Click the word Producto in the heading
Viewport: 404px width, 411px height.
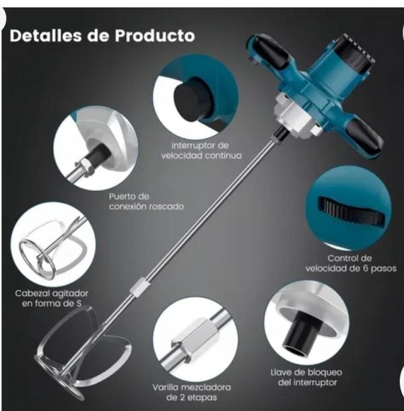(x=155, y=36)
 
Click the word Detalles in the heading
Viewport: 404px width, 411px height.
(x=46, y=35)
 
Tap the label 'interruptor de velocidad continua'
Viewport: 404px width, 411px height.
(x=201, y=151)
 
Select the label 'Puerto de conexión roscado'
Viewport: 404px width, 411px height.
(x=146, y=202)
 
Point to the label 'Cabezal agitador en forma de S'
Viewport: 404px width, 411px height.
(x=51, y=298)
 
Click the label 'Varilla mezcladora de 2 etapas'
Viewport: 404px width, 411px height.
(x=191, y=392)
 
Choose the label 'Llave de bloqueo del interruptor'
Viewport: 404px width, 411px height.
(x=306, y=377)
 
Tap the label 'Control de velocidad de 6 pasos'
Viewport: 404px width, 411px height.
(x=351, y=263)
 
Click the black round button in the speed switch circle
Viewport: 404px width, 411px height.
(x=193, y=99)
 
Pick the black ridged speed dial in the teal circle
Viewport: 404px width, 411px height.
(x=351, y=211)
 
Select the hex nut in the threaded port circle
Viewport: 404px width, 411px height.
(x=85, y=167)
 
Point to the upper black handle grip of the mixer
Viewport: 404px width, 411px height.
(x=271, y=52)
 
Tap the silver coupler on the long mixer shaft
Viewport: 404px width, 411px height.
(x=138, y=287)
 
